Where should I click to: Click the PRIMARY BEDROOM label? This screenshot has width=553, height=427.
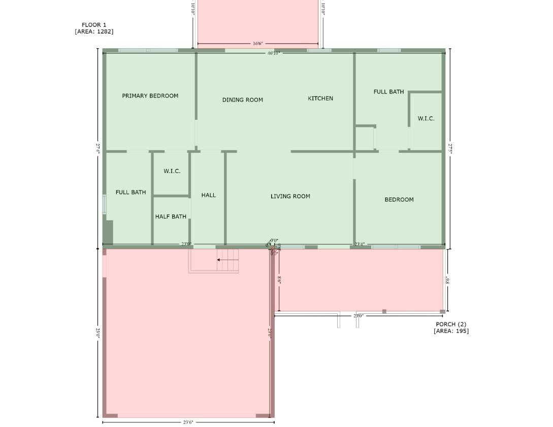click(x=150, y=96)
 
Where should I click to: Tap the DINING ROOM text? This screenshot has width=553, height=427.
click(x=242, y=100)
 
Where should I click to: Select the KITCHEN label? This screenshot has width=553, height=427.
click(x=320, y=98)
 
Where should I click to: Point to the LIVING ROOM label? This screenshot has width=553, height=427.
click(x=290, y=196)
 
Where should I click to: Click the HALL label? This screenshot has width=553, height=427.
click(x=208, y=195)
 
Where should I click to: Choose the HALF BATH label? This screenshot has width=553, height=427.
click(x=171, y=217)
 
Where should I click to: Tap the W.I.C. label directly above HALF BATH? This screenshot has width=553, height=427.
click(x=172, y=172)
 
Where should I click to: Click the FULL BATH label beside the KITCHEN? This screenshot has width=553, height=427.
click(x=388, y=92)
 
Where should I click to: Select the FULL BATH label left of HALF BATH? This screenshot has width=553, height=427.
click(x=131, y=192)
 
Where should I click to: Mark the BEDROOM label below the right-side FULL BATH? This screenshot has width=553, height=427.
click(x=399, y=200)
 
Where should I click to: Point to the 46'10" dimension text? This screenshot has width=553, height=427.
click(x=274, y=53)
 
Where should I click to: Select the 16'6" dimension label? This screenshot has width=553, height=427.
click(x=258, y=44)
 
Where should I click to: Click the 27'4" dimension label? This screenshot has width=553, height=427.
click(x=98, y=148)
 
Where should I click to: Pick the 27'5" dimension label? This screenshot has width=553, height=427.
click(x=450, y=148)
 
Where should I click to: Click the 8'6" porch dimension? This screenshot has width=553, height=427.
click(x=279, y=279)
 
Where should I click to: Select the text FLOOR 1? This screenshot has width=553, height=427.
click(x=94, y=25)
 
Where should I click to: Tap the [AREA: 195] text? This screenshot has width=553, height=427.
click(x=451, y=331)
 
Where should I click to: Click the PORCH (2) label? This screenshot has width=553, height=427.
click(x=451, y=324)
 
